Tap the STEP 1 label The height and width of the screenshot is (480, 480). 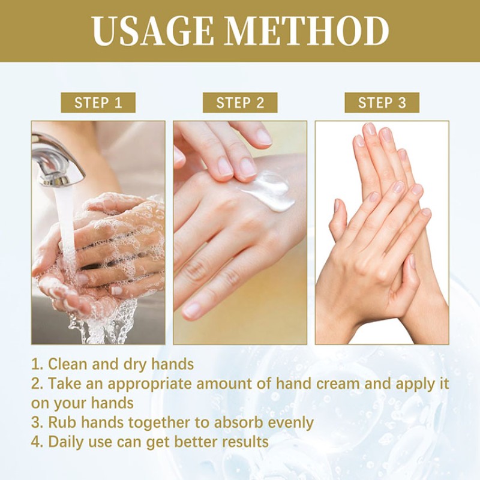[x=98, y=103]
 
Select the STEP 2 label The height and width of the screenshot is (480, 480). [x=240, y=103]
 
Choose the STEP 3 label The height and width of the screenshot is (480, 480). [x=382, y=103]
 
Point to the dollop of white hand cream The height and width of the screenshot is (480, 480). [x=270, y=190]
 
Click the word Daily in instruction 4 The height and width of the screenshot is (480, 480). [x=67, y=442]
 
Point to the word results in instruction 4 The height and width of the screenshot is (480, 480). [x=240, y=442]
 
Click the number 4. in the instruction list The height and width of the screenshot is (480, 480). [x=37, y=442]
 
